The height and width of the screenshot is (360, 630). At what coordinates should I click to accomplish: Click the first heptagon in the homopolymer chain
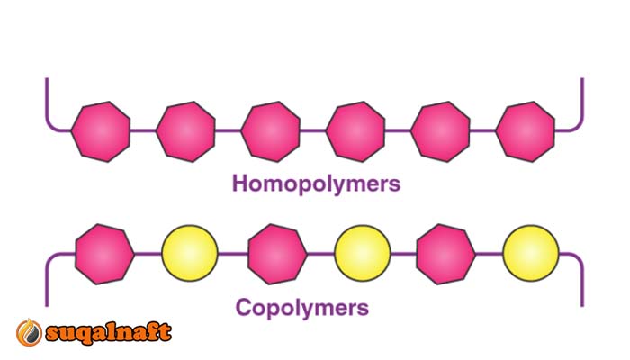[100, 131]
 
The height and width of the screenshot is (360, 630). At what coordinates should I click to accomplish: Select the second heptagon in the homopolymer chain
[185, 131]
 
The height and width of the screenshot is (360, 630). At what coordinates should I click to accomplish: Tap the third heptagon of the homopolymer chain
[271, 131]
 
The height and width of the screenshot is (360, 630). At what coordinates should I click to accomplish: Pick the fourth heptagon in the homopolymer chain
[355, 131]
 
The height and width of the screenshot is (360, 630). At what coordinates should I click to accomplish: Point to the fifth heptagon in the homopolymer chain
[441, 131]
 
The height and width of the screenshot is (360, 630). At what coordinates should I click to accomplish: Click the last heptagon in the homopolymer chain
[526, 131]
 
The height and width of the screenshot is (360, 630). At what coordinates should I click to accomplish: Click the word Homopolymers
[316, 184]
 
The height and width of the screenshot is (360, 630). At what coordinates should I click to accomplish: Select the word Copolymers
[302, 308]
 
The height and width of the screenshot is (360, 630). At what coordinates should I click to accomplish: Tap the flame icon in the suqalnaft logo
[27, 333]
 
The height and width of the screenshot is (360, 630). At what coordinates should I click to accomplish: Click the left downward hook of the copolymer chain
[48, 279]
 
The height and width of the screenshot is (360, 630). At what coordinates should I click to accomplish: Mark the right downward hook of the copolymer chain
[580, 279]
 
